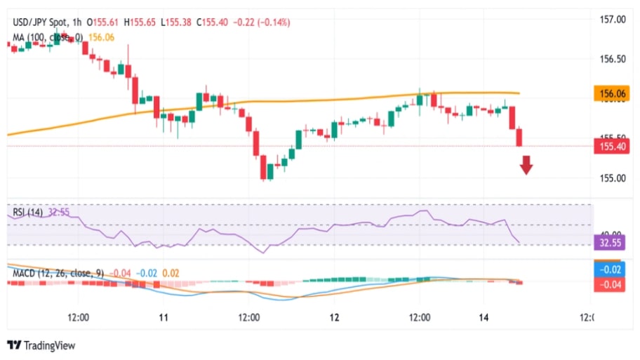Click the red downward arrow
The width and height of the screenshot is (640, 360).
(526, 166)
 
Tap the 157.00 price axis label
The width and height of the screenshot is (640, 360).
(611, 20)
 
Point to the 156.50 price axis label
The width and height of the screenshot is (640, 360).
(611, 59)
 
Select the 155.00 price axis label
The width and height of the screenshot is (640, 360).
(611, 178)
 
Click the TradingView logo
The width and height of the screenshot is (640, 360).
(41, 345)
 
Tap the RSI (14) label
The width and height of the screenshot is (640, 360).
(28, 212)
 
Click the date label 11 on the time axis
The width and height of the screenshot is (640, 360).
(164, 317)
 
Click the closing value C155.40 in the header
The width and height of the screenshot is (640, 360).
(215, 22)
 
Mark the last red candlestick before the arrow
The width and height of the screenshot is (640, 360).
(519, 137)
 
